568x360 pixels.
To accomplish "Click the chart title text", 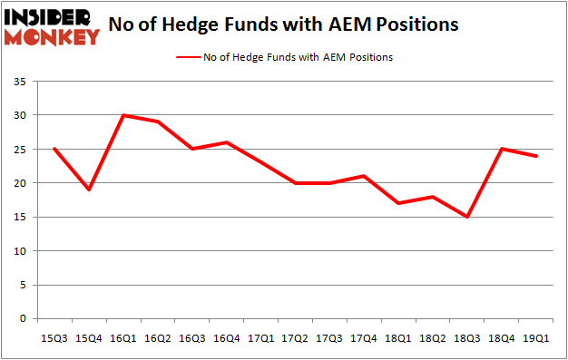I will pos(283,24).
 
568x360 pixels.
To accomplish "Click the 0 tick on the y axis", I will pos(21,319).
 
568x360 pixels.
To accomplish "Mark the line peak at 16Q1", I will pos(122,115).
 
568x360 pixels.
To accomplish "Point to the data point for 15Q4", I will pos(89,190).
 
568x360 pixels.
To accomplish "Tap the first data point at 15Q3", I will pos(55,149).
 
